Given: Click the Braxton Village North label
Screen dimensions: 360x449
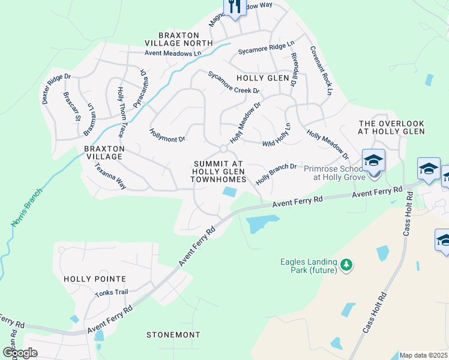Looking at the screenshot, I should coord(178,39).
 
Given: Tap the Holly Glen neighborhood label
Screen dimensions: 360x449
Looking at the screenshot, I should coord(262,78).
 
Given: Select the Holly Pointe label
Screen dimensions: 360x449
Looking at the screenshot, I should coord(95,279).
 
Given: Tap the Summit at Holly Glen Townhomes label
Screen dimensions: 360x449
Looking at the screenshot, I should coord(219,172).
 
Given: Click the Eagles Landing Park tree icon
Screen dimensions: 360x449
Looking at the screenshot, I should coord(346,264).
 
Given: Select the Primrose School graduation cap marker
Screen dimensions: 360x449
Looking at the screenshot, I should coord(373,161).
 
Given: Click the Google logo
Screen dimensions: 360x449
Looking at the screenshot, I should coord(20,353).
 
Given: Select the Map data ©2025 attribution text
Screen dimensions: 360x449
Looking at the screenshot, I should coord(423,355).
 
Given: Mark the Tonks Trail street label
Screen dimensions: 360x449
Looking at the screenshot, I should coord(112,293).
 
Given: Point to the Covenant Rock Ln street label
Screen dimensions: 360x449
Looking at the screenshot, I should coord(321,71).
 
